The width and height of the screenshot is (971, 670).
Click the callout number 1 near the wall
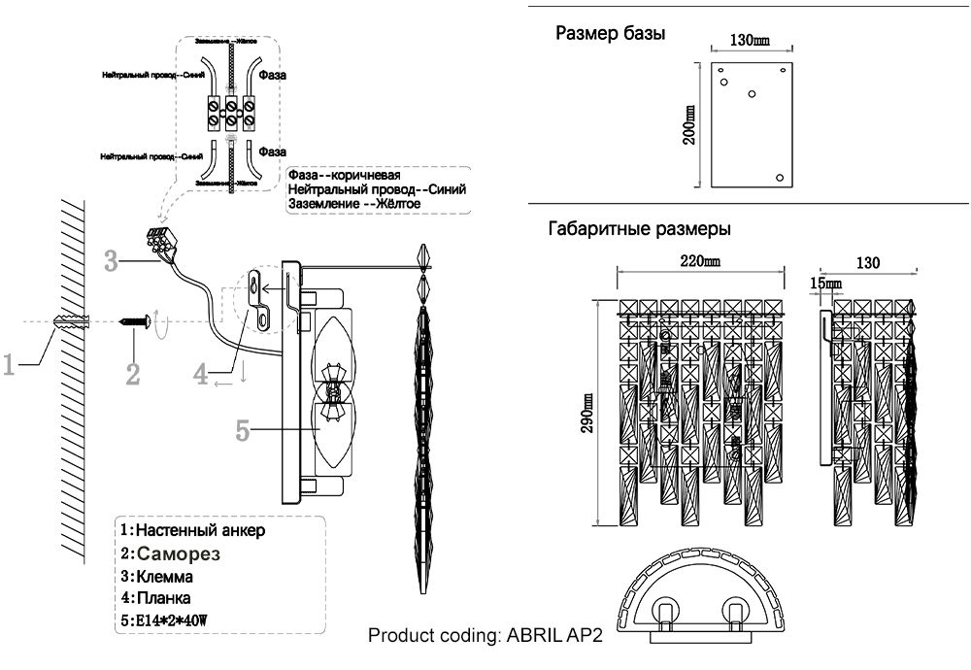10,365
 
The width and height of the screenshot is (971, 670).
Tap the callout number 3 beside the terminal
112,260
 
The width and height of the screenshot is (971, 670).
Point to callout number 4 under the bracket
201,375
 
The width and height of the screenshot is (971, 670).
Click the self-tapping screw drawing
134,320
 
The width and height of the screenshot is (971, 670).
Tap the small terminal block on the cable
160,241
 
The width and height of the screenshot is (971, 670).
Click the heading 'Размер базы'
610,34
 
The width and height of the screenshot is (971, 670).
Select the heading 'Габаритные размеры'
639,229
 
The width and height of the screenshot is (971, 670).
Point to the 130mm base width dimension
748,41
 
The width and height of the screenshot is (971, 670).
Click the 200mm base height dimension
689,124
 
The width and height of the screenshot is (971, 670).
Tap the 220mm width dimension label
698,261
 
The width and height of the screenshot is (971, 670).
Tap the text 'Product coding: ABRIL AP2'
485,637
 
